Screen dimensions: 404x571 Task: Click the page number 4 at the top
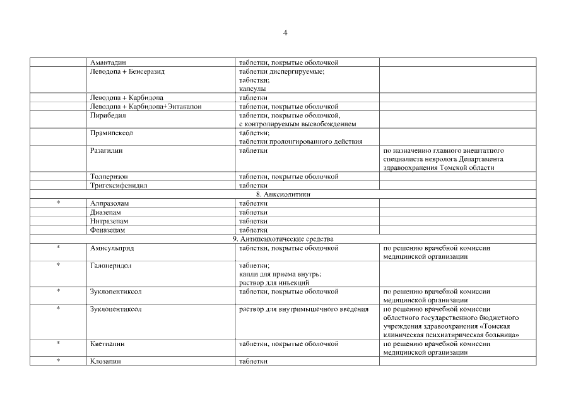[285, 32]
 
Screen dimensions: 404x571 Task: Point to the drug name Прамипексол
[112, 133]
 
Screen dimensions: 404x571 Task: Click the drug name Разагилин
[107, 151]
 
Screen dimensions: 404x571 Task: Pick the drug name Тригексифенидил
[119, 186]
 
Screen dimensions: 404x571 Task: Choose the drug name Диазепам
[105, 213]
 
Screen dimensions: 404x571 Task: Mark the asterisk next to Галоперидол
[59, 266]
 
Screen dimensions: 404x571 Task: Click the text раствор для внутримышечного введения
[304, 309]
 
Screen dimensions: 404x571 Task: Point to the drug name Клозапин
[105, 362]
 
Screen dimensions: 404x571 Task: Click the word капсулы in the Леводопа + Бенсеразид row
[252, 89]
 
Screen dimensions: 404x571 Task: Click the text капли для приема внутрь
[280, 274]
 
